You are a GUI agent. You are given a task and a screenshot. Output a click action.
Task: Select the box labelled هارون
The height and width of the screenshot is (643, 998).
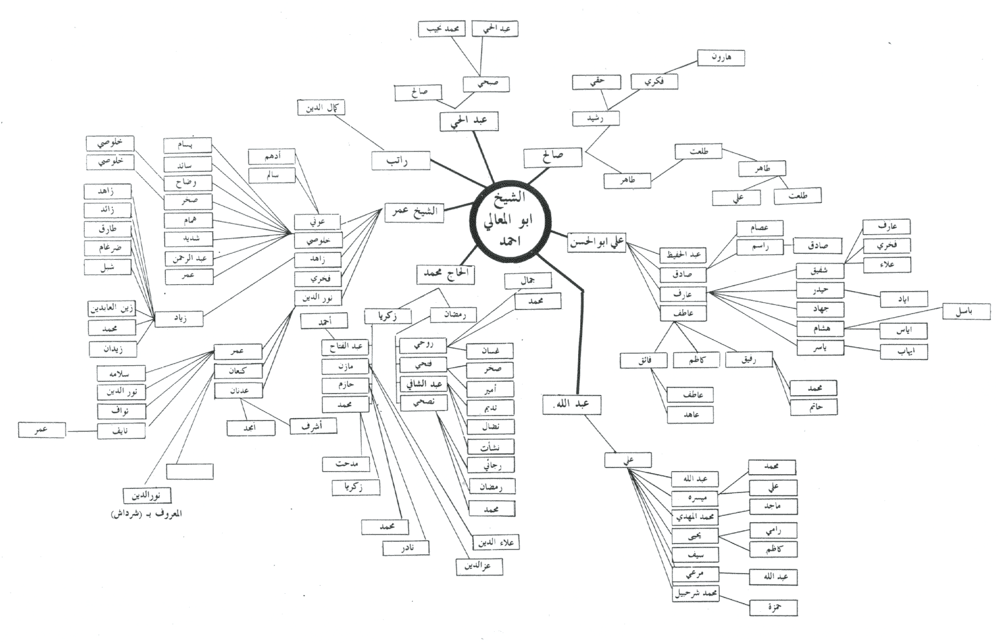pos(720,58)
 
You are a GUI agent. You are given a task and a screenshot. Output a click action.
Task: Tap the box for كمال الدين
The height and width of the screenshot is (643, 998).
pos(321,108)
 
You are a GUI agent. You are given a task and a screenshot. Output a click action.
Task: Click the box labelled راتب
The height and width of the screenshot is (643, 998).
pos(400,161)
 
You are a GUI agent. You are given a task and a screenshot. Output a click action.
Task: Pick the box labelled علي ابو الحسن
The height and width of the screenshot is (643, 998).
pos(597,242)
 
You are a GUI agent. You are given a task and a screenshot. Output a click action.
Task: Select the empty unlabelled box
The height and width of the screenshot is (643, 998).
pos(190,472)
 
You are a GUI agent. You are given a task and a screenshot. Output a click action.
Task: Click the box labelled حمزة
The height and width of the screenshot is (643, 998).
pos(773,607)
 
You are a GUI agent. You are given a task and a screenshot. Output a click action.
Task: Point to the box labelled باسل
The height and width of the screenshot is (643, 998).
pos(966,311)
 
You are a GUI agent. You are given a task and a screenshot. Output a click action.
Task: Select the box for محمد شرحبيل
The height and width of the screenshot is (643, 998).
pos(696,593)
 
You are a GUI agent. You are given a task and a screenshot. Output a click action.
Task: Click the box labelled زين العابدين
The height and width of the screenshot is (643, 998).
pos(112,308)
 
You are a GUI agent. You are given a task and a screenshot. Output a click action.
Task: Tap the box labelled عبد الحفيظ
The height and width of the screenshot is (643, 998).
pos(683,255)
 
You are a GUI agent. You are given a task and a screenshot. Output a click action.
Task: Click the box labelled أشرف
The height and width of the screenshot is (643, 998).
pos(314,426)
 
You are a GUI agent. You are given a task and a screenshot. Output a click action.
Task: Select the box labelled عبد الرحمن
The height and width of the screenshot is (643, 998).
pos(189,257)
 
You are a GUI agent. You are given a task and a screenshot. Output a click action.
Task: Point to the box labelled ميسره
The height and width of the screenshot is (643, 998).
pos(695,498)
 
